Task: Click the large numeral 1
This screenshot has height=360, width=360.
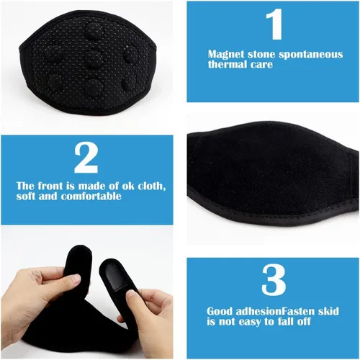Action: (x=275, y=26)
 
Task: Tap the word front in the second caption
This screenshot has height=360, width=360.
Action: (x=48, y=185)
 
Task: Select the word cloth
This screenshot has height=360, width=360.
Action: (x=149, y=185)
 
